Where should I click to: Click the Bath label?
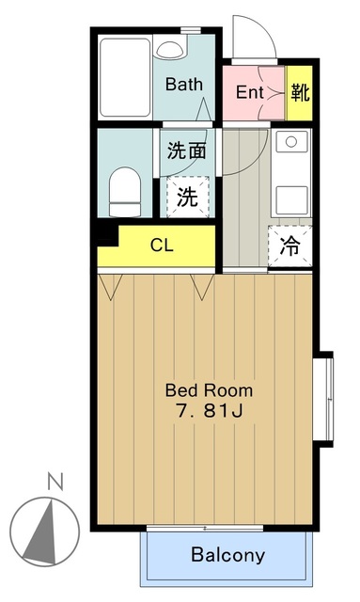click(x=184, y=84)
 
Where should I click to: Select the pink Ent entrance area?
click(x=249, y=93)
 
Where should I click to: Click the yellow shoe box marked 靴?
click(x=300, y=93)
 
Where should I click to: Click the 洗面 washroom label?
click(x=187, y=150)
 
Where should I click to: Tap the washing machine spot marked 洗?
click(x=187, y=197)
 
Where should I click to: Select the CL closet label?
click(x=162, y=246)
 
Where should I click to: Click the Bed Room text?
click(x=208, y=389)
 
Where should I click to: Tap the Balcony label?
click(x=227, y=555)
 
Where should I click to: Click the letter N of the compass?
click(x=55, y=483)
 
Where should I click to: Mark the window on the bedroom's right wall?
click(x=328, y=397)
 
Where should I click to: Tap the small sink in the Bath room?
click(x=169, y=48)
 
